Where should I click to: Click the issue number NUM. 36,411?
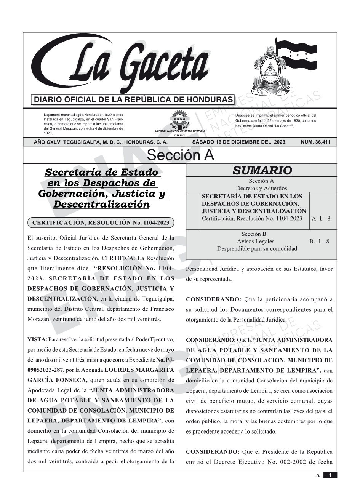click(x=315, y=142)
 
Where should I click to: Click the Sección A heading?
click(x=180, y=155)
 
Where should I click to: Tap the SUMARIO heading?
click(x=262, y=171)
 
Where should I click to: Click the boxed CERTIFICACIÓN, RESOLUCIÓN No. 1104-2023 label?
click(x=101, y=222)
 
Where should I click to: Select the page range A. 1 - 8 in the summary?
click(x=321, y=219)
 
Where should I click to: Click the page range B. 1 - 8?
click(x=319, y=241)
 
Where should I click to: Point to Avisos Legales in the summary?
click(x=255, y=241)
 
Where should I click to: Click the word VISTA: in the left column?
click(x=37, y=339)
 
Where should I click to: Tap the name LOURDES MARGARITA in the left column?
click(x=139, y=370)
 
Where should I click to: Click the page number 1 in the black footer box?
click(x=330, y=475)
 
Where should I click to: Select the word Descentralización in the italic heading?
click(x=101, y=204)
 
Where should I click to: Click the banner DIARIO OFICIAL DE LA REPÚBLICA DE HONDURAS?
click(x=133, y=100)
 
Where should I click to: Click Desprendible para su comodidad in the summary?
click(x=257, y=249)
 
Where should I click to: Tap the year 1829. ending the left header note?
click(x=48, y=133)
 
